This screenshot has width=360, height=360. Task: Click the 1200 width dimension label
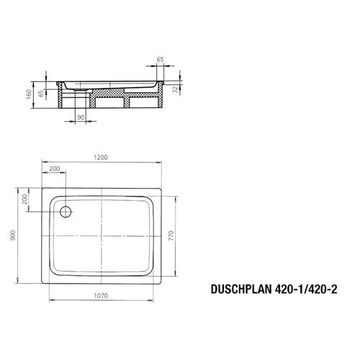pos(101,158)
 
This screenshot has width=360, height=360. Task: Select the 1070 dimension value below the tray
pos(101,296)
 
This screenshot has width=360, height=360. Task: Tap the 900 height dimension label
pos(13,235)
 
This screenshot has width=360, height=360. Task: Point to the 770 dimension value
pos(171,235)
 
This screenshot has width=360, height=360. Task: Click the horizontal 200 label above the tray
pos(55,168)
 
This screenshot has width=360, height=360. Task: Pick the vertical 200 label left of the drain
pos(24,199)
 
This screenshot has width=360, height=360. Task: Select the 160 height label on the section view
pos(29,95)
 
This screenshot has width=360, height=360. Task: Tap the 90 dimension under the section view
pos(81,117)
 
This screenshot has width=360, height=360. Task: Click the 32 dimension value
pos(176,90)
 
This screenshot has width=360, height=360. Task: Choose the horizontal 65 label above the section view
pos(160,59)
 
